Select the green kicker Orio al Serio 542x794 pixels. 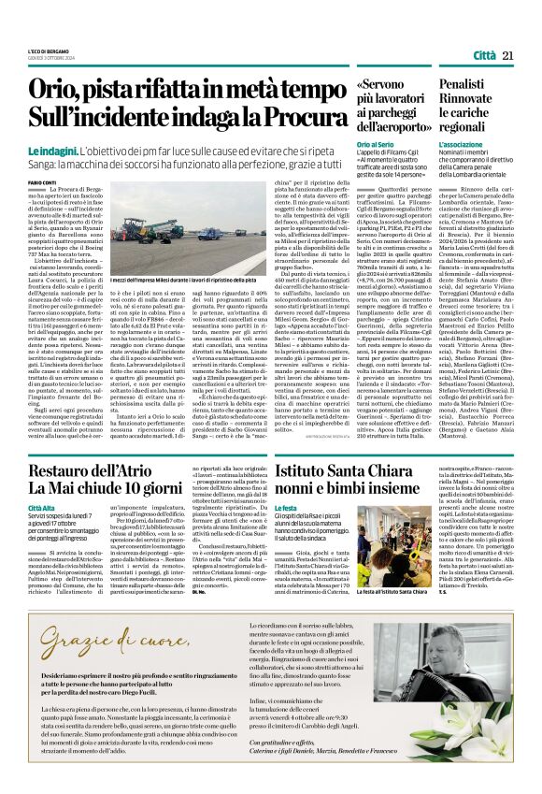tap(374, 146)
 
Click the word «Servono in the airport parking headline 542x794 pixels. tap(384, 87)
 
